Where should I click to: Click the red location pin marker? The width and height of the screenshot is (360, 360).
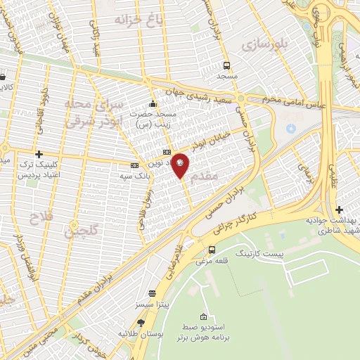pos(181,166)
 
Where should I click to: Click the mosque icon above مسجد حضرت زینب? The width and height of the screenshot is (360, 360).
pos(153,104)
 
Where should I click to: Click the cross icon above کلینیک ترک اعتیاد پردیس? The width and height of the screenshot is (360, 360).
pos(39,154)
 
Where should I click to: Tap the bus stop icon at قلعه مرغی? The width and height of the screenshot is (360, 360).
pos(212,250)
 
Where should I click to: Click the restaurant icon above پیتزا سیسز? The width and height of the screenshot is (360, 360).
pos(152,294)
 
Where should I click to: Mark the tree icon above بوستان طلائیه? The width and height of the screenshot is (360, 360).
pos(141,322)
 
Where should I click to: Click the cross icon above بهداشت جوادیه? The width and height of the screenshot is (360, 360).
pos(339,209)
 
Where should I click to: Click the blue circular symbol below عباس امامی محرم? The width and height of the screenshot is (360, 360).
pos(291,129)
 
